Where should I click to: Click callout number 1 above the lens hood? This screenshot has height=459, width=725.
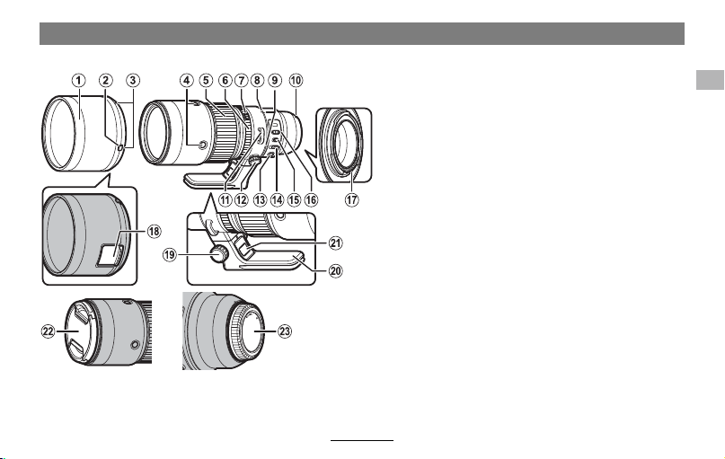[x=78, y=81]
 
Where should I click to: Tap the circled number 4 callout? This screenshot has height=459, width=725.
[x=186, y=81]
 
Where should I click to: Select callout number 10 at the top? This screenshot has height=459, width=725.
[x=296, y=81]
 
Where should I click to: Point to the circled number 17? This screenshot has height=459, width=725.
[x=352, y=199]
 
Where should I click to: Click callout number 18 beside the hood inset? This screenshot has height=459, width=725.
[x=154, y=231]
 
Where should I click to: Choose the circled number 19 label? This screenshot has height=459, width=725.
[x=170, y=254]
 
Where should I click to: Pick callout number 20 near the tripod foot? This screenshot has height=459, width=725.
[x=336, y=270]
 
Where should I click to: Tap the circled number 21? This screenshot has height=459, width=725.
[x=336, y=243]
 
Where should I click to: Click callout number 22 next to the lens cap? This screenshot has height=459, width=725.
[x=49, y=331]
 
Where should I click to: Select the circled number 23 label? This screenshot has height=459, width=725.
[x=285, y=331]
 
